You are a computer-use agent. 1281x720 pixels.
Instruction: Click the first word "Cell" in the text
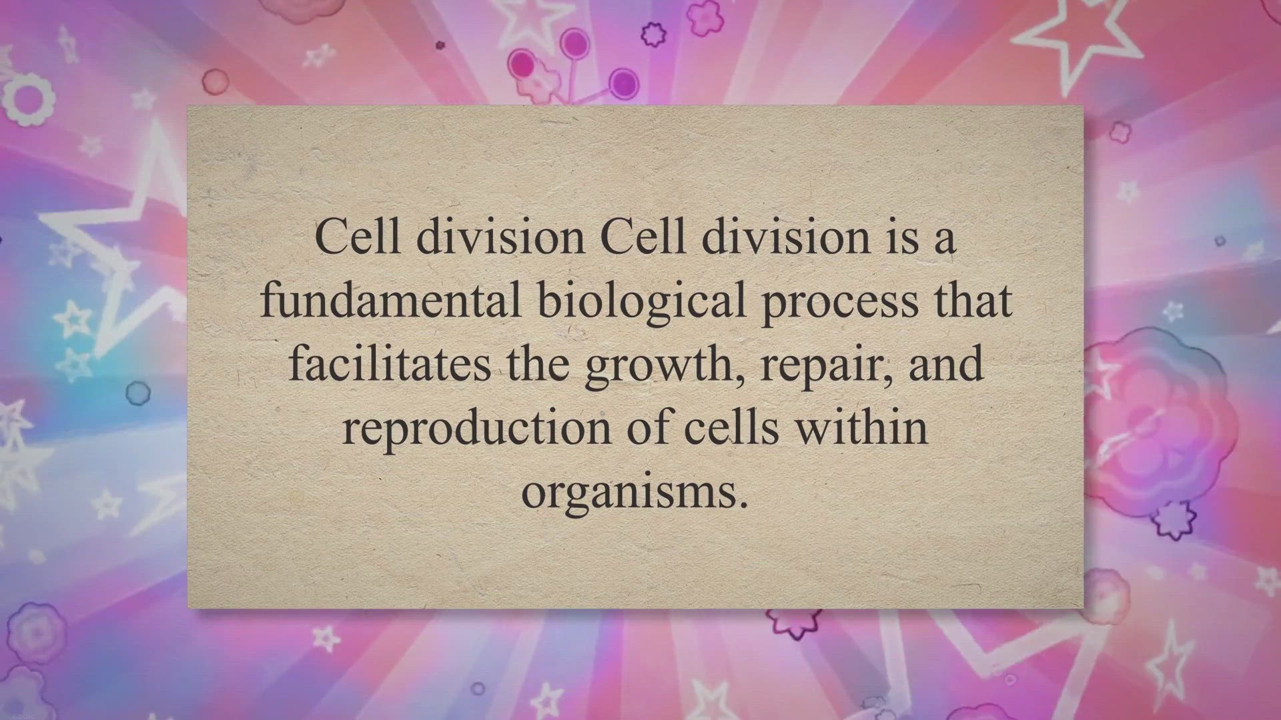tap(356, 237)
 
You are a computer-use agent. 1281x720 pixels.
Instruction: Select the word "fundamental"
tap(390, 301)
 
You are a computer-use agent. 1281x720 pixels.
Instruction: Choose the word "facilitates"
tap(390, 364)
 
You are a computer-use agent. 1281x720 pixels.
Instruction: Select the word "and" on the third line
tap(947, 364)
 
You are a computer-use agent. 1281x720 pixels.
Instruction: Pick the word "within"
tap(862, 427)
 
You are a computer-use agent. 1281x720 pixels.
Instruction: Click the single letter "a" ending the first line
tap(944, 242)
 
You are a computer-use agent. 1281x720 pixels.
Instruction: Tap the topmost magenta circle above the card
tap(573, 44)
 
